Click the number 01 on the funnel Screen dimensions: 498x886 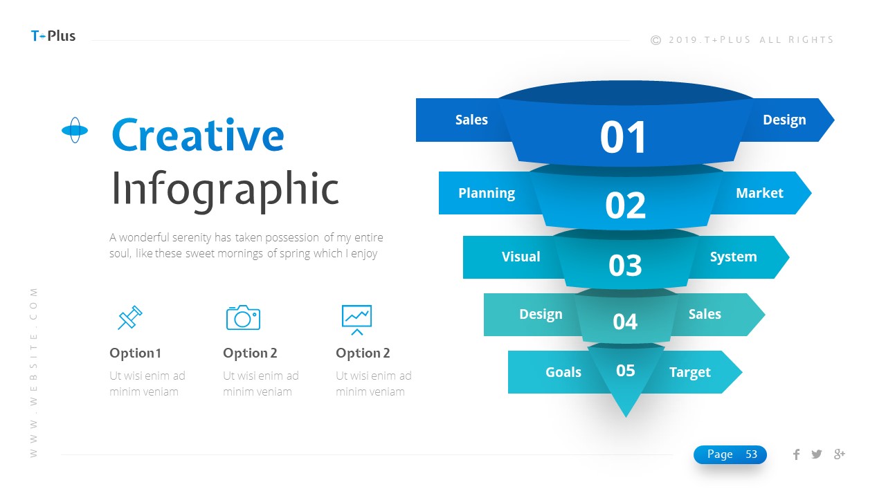pos(623,137)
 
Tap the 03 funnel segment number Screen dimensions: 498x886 pos(625,266)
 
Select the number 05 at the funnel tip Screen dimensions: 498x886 pos(625,371)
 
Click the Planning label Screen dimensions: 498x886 pos(487,193)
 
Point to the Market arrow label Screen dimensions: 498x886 pos(759,193)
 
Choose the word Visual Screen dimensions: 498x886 pos(521,257)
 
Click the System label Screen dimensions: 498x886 pos(733,257)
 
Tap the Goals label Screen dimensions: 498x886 pos(563,372)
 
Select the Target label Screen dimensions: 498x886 pos(689,372)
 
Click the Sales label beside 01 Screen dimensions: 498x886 pos(471,120)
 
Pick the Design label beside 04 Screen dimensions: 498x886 pos(541,314)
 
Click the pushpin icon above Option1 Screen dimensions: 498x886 pos(129,317)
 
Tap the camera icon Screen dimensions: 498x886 pos(243,317)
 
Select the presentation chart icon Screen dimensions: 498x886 pos(356,319)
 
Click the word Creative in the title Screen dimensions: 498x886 pos(197,135)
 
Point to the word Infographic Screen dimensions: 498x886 pos(225,188)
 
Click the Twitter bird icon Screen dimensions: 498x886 pos(817,454)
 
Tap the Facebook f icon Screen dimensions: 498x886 pos(796,454)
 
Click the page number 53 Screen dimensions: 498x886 pos(752,454)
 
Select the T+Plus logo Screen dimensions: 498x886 pos(53,36)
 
